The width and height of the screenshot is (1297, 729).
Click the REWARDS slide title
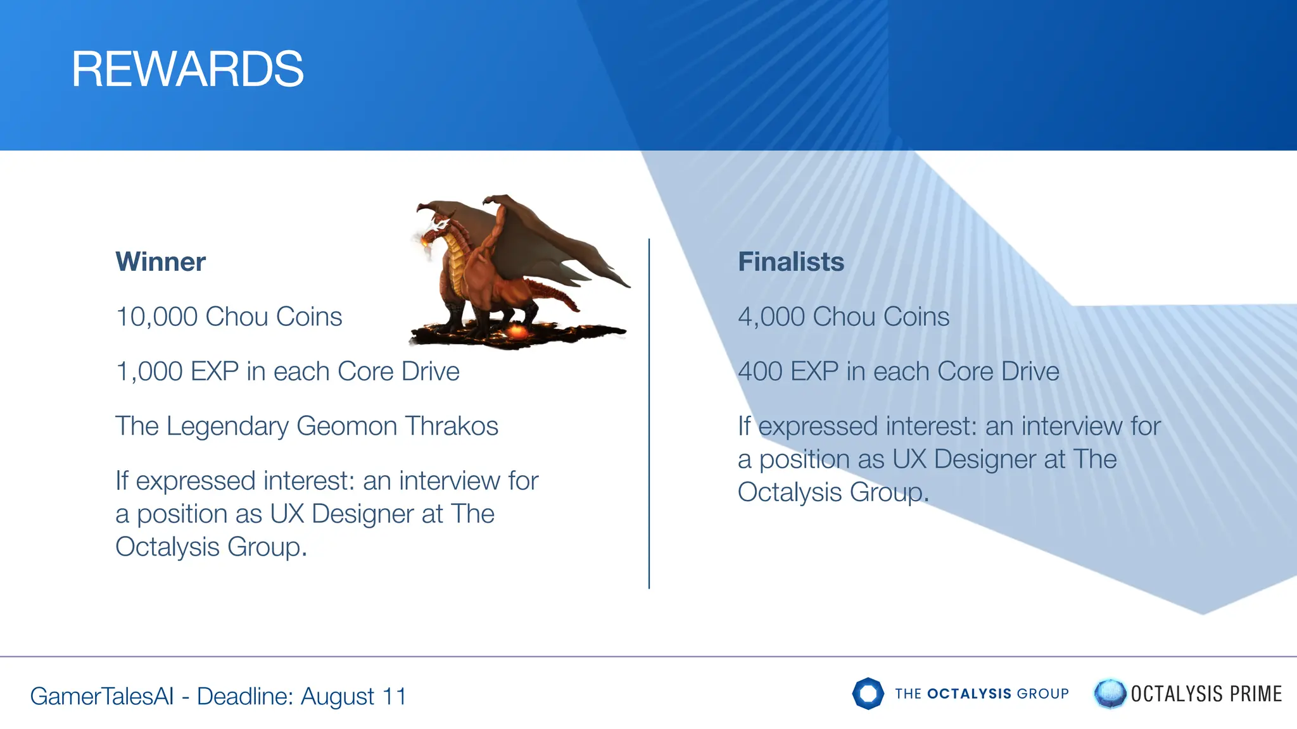(187, 69)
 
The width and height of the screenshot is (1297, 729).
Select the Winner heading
(160, 262)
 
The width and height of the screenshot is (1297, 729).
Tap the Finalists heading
(791, 262)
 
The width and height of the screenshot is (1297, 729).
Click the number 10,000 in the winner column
(156, 317)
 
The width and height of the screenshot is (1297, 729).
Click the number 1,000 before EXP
(149, 372)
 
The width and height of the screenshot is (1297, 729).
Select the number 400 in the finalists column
(760, 372)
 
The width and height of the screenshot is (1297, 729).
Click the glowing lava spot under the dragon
(517, 331)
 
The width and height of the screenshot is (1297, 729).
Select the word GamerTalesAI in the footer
(101, 697)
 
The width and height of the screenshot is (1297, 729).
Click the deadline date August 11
(353, 697)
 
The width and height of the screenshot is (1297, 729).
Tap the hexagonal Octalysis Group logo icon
(868, 694)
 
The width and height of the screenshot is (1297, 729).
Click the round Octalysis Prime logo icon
(1110, 694)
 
